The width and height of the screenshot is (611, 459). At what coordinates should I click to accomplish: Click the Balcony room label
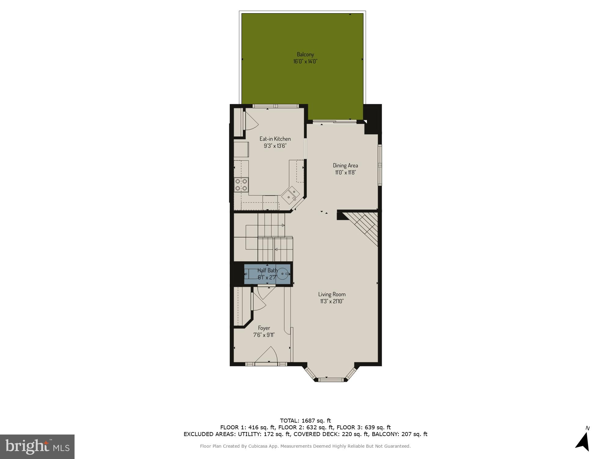pyautogui.click(x=305, y=54)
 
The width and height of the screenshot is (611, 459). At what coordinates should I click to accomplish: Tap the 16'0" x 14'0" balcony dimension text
pyautogui.click(x=305, y=61)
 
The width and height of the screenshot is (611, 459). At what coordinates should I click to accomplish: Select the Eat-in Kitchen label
pyautogui.click(x=275, y=139)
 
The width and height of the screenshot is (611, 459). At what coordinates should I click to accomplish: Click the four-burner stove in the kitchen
pyautogui.click(x=241, y=185)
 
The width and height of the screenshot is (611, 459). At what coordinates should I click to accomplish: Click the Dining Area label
pyautogui.click(x=345, y=166)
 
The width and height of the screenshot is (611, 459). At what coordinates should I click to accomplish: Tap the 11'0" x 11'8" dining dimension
pyautogui.click(x=345, y=172)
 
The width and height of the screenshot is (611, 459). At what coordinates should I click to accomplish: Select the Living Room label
pyautogui.click(x=332, y=294)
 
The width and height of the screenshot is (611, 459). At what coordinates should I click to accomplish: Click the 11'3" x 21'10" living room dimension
pyautogui.click(x=332, y=301)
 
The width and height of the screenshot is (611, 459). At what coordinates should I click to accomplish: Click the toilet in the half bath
pyautogui.click(x=251, y=274)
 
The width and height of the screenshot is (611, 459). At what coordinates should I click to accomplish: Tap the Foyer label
pyautogui.click(x=264, y=328)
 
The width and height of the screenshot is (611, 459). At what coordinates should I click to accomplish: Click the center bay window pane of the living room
pyautogui.click(x=331, y=380)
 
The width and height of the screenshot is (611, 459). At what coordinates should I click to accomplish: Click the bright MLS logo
pyautogui.click(x=37, y=447)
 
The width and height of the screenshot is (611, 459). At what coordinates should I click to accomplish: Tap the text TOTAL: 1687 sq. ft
pyautogui.click(x=305, y=421)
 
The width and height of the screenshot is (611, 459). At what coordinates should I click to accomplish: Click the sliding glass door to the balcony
pyautogui.click(x=335, y=122)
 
